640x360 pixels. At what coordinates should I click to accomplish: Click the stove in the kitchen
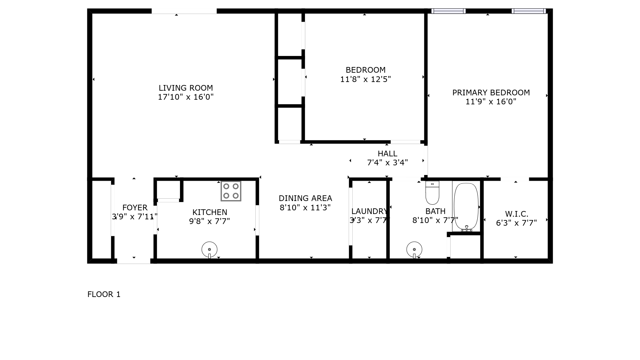pyautogui.click(x=231, y=191)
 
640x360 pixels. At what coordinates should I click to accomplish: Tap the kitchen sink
pyautogui.click(x=209, y=250)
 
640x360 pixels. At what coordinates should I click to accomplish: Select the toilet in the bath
pyautogui.click(x=432, y=193)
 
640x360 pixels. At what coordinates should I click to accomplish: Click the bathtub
pyautogui.click(x=466, y=207)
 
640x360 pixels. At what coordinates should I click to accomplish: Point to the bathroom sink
pyautogui.click(x=414, y=250)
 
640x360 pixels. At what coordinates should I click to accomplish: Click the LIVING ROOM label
pyautogui.click(x=186, y=88)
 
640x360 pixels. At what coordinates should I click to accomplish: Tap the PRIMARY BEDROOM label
pyautogui.click(x=491, y=93)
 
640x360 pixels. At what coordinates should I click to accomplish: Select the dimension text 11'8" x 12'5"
pyautogui.click(x=365, y=79)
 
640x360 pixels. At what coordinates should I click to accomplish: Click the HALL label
pyautogui.click(x=387, y=154)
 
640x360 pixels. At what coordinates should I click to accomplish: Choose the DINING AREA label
pyautogui.click(x=305, y=198)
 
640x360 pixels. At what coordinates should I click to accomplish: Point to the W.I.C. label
pyautogui.click(x=517, y=214)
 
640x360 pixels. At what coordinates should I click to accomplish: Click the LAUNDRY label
pyautogui.click(x=369, y=211)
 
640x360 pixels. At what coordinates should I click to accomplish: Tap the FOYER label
pyautogui.click(x=135, y=208)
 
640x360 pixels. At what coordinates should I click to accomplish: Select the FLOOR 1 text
pyautogui.click(x=104, y=294)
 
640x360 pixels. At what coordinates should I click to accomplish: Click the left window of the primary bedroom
pyautogui.click(x=448, y=11)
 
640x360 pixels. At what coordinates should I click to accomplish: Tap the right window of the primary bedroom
pyautogui.click(x=529, y=11)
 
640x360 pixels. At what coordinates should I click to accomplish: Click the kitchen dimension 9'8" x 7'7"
pyautogui.click(x=210, y=221)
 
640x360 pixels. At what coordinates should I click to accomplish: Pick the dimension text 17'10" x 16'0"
pyautogui.click(x=186, y=97)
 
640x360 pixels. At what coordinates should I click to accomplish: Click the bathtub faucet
pyautogui.click(x=467, y=229)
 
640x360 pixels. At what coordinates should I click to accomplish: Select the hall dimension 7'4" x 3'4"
pyautogui.click(x=387, y=163)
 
